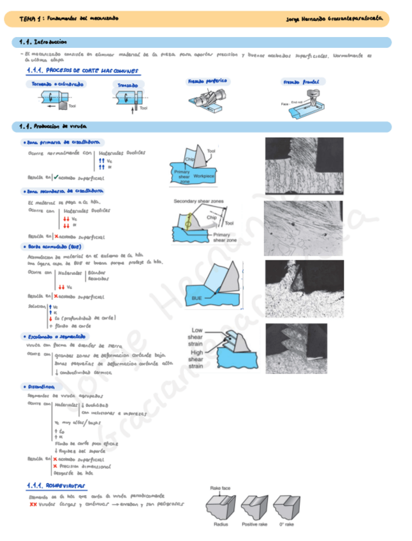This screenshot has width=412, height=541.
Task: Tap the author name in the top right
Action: click(335, 19)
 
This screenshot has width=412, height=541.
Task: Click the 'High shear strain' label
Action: click(196, 359)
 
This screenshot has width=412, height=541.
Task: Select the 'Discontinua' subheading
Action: click(41, 387)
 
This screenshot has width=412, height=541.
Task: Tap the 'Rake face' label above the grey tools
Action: click(221, 488)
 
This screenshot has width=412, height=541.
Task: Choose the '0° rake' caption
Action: click(286, 524)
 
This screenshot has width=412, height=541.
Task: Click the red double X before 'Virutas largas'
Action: click(33, 504)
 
